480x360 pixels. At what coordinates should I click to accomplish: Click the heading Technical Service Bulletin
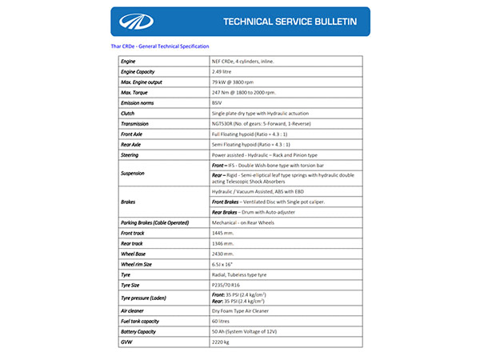[x=290, y=22]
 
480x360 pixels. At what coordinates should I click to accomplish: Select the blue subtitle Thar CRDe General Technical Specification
[x=160, y=46]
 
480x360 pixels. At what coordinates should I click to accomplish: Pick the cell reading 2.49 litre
[x=223, y=72]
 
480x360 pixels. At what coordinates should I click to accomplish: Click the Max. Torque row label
[x=136, y=93]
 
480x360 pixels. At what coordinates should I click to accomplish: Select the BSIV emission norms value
[x=217, y=103]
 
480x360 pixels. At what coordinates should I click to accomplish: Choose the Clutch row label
[x=128, y=114]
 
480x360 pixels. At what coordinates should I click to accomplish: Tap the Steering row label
[x=130, y=154]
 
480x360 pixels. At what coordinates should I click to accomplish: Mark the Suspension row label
[x=134, y=173]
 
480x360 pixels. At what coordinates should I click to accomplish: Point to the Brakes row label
[x=128, y=203]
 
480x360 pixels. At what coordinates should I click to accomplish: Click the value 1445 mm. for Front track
[x=224, y=232]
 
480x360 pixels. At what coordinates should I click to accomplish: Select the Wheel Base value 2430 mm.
[x=224, y=253]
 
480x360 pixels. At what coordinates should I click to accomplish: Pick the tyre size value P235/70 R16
[x=227, y=284]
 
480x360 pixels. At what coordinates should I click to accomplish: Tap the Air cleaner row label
[x=133, y=310]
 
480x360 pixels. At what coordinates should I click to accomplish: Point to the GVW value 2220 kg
[x=221, y=341]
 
